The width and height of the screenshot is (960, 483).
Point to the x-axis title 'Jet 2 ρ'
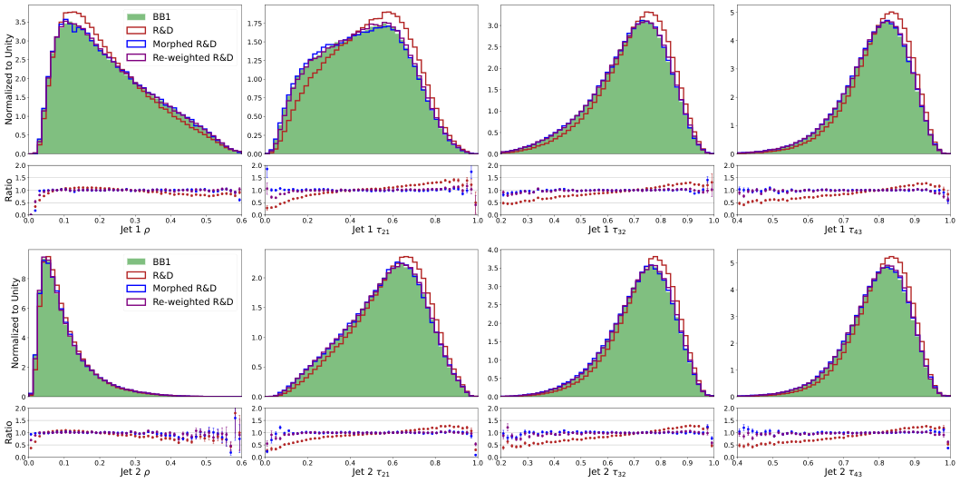click(135, 474)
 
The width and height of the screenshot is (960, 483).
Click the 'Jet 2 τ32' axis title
click(606, 474)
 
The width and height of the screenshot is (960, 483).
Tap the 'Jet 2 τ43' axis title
click(843, 474)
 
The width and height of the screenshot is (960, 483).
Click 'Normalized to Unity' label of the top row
click(9, 81)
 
